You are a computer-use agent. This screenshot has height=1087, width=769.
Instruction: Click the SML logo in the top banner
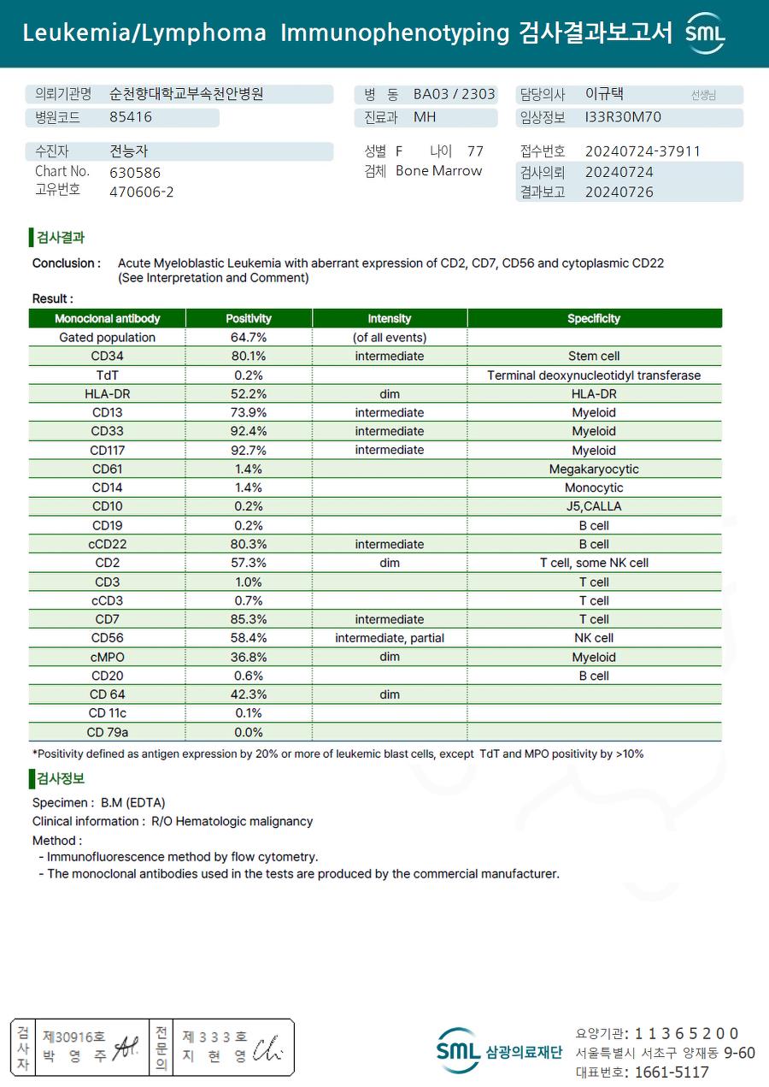705,33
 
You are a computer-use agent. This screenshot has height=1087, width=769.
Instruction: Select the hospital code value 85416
131,118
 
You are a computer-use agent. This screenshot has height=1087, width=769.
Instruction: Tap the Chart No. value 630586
135,172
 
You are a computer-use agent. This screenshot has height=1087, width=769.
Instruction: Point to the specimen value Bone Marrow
438,171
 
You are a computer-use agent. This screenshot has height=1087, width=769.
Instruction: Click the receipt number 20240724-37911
643,151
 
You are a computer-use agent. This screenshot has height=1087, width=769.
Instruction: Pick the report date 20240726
619,192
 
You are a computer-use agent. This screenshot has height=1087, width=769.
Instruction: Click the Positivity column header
249,318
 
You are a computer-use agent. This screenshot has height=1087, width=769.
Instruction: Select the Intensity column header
390,318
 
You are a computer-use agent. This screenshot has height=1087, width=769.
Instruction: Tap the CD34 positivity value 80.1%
249,357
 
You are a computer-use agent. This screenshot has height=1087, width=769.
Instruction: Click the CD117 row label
107,451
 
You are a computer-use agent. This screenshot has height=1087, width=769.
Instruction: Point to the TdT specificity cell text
594,375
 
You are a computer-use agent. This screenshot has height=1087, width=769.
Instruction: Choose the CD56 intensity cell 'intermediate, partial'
390,638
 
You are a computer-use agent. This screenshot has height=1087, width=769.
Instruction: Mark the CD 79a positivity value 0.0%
249,732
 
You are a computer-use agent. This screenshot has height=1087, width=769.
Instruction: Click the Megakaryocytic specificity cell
594,470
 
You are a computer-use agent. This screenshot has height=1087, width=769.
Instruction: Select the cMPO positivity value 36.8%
249,657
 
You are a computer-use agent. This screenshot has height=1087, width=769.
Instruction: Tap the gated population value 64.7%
249,338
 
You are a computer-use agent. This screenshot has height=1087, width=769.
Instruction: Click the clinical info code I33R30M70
623,118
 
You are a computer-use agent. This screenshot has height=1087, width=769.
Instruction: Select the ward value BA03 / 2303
454,94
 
